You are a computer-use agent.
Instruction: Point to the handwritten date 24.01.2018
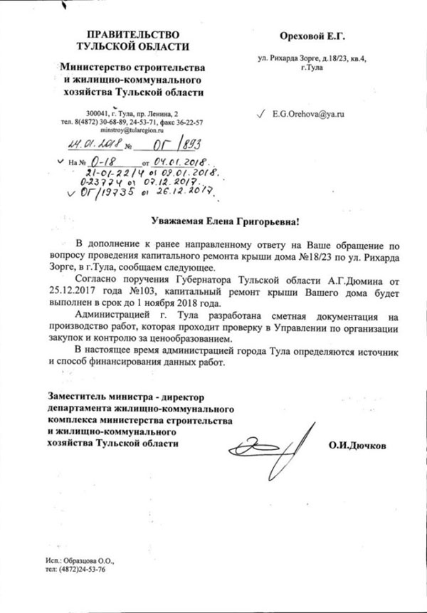pos(92,145)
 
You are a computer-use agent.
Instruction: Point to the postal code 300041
pos(98,114)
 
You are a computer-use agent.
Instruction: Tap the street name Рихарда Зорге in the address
pos(299,59)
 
